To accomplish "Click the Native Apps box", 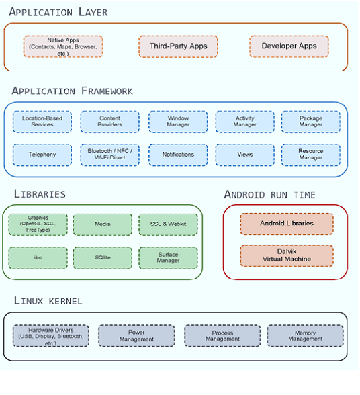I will click(x=64, y=46).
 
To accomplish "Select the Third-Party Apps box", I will click(x=178, y=46).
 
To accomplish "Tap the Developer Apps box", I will click(x=289, y=46).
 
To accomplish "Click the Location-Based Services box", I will click(x=42, y=122).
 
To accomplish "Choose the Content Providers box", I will click(x=110, y=122).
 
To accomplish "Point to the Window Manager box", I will click(x=178, y=122).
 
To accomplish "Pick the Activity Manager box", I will click(x=245, y=122).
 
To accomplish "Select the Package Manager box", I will click(x=310, y=122).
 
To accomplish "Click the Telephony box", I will click(x=42, y=155).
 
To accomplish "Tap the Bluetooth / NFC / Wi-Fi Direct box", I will click(x=110, y=155).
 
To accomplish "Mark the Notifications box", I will click(x=178, y=155).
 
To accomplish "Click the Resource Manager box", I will click(x=310, y=155).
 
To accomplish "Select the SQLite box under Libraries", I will click(x=103, y=258).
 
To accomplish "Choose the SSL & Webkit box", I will click(x=168, y=224).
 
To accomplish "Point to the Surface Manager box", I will click(x=168, y=258).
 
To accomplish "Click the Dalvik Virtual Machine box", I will click(x=287, y=256).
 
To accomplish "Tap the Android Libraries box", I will click(x=287, y=224).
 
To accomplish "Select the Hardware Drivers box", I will click(x=50, y=335).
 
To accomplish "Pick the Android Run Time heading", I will click(x=269, y=195).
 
